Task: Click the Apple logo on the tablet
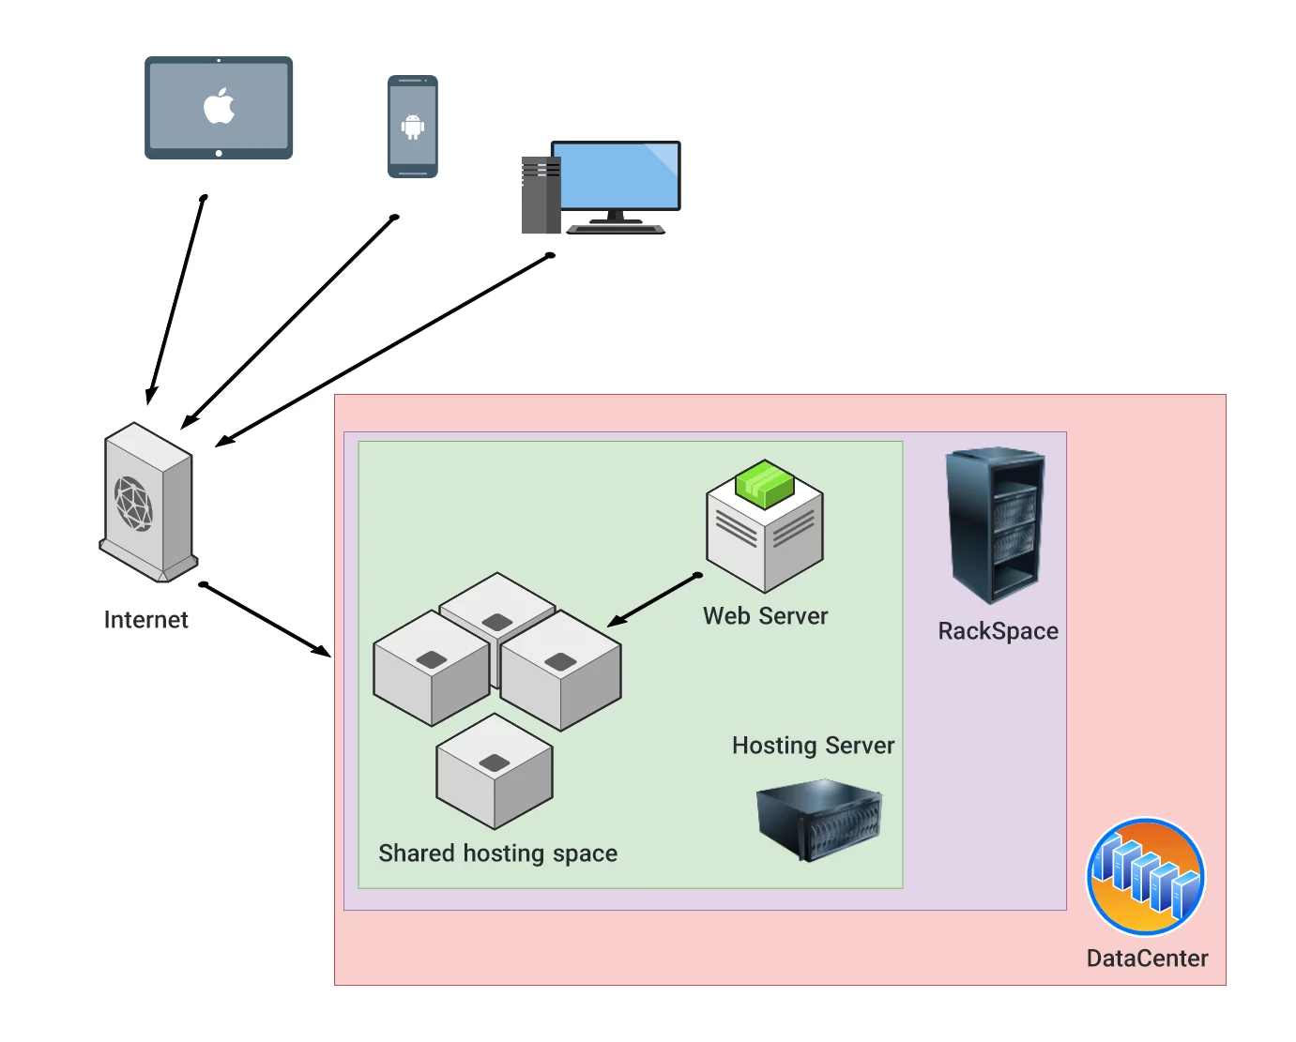click(x=219, y=106)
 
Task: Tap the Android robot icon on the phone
click(x=413, y=126)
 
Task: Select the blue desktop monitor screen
click(x=617, y=175)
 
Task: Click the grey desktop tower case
click(x=540, y=196)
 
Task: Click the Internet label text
click(x=145, y=620)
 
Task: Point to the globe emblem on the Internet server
click(x=133, y=504)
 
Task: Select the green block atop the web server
click(x=765, y=483)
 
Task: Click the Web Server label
click(x=765, y=616)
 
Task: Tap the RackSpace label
click(x=998, y=631)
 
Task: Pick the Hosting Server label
click(x=813, y=746)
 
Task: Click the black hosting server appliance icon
click(x=819, y=820)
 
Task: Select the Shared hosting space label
click(x=497, y=853)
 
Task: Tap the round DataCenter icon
click(x=1145, y=877)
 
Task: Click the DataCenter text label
click(x=1147, y=959)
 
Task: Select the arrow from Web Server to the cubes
click(x=654, y=600)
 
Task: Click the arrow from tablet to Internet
click(x=176, y=300)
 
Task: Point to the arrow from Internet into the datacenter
click(x=266, y=619)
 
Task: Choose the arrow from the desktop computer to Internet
click(x=383, y=350)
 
